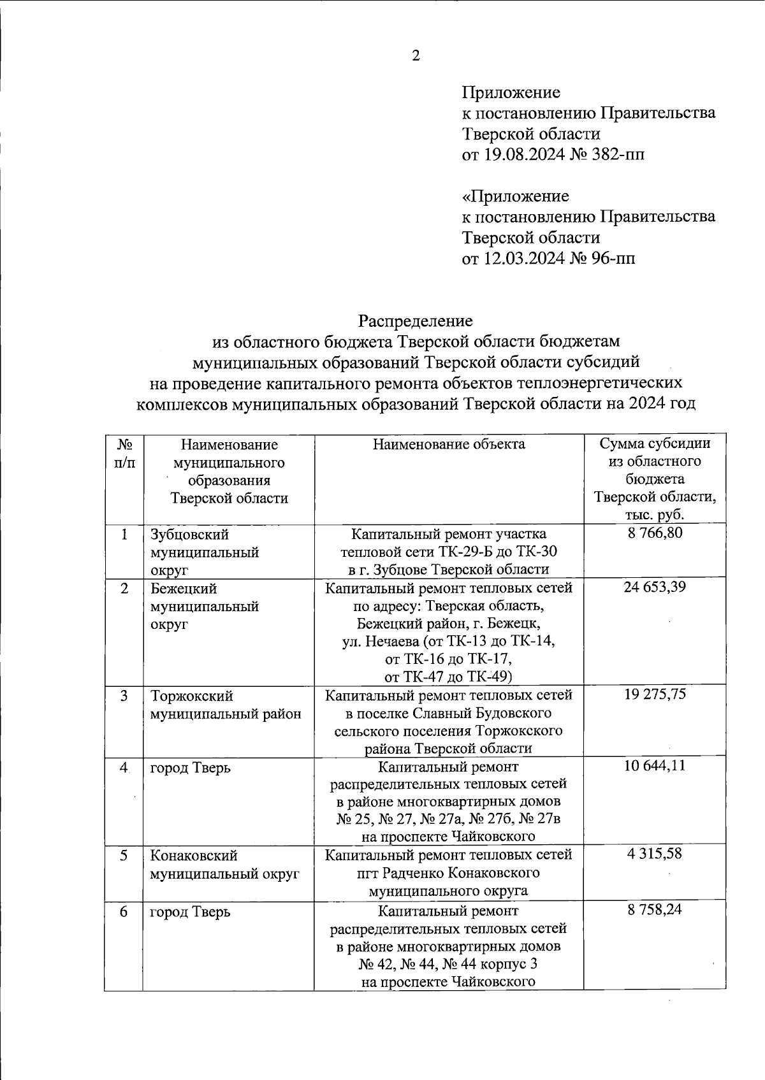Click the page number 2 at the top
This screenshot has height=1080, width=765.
point(416,56)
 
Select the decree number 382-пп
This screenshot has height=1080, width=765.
point(616,155)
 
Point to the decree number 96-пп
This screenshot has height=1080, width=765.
point(613,258)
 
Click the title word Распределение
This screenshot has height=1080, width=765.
point(415,319)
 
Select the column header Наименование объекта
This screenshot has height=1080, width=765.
point(449,444)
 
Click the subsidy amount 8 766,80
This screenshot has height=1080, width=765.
point(655,533)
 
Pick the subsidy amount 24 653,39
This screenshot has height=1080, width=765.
point(655,587)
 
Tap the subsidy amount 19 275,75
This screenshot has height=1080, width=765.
point(655,694)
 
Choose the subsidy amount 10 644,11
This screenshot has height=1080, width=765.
point(655,765)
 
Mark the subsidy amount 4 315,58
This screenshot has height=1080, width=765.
point(655,853)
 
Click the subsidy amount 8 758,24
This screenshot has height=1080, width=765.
point(655,909)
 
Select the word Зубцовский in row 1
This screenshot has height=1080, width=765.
point(189,535)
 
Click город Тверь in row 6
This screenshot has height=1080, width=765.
point(190,912)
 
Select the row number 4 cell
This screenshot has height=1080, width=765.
point(124,768)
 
